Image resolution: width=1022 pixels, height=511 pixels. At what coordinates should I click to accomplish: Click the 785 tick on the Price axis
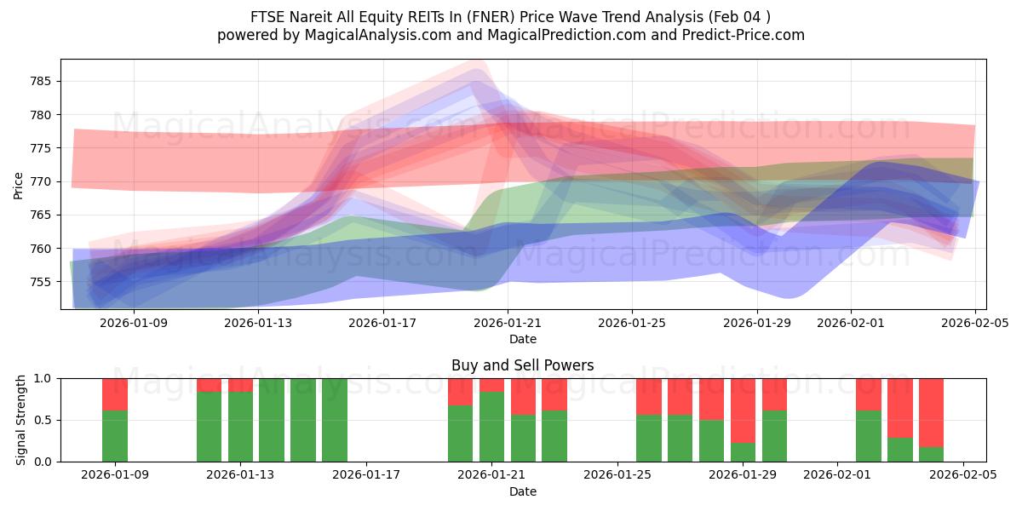[x=41, y=82]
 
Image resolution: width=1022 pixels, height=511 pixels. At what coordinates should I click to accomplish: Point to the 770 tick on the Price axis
[x=41, y=181]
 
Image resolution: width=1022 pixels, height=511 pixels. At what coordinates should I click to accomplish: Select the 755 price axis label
[x=41, y=282]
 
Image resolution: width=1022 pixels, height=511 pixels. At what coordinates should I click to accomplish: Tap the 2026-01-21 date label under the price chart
[x=508, y=323]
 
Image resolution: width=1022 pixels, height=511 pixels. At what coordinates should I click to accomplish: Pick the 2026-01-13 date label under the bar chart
[x=241, y=475]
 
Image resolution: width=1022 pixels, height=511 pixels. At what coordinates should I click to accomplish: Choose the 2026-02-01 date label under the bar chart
[x=837, y=475]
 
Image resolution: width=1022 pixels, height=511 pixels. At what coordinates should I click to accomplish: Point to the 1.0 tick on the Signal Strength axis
[x=43, y=378]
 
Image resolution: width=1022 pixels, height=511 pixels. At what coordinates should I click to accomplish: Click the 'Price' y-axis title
[x=19, y=185]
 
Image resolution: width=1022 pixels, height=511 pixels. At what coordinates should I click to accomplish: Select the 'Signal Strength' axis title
[x=22, y=420]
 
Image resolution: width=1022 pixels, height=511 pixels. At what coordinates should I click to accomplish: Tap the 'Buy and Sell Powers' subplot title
[x=522, y=365]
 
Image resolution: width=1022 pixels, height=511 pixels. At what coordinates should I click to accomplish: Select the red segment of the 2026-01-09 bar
[x=115, y=393]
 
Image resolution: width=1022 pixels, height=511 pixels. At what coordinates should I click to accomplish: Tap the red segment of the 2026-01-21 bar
[x=491, y=385]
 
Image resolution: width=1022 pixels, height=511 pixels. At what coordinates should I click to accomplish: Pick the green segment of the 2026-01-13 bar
[x=241, y=427]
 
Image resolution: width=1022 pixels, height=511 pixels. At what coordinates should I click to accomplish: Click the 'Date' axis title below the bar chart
[x=522, y=491]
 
